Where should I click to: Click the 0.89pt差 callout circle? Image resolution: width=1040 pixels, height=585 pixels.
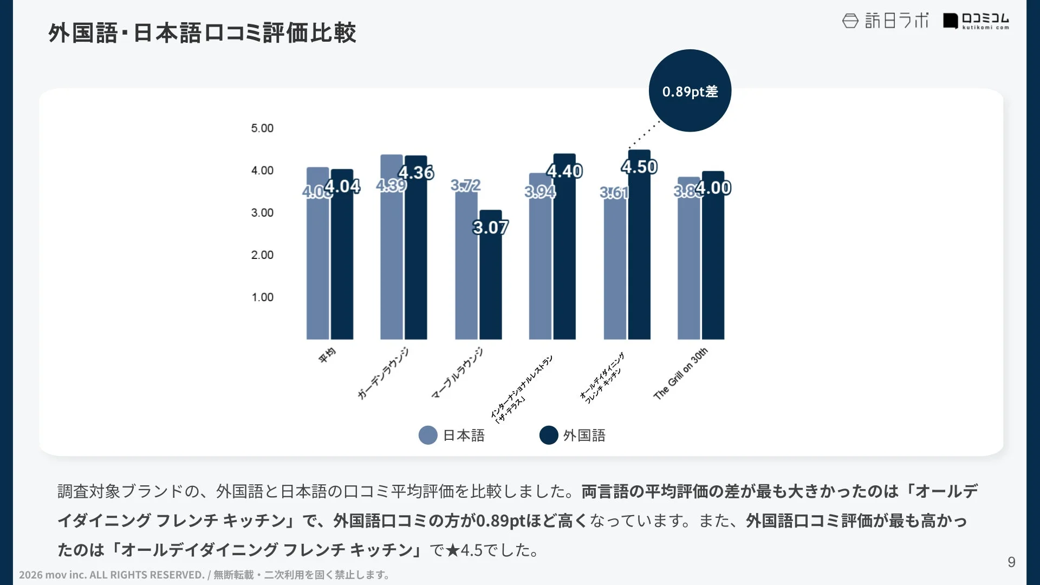tap(690, 90)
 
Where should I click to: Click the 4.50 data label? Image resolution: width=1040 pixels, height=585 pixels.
tap(639, 167)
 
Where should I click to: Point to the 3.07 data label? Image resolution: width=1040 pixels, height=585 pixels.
tap(490, 227)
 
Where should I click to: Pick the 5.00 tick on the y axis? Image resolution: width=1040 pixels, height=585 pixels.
tap(262, 128)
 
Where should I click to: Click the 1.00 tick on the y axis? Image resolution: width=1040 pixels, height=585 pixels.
tap(262, 297)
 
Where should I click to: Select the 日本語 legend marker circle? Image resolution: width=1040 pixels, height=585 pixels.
tap(428, 435)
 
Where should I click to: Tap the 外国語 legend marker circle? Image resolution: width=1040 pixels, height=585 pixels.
tap(549, 435)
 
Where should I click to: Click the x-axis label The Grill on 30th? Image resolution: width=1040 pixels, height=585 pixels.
tap(680, 374)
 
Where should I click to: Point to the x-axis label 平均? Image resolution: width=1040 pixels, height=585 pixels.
tap(327, 356)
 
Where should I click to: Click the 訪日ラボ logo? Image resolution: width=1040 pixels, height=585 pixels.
tap(885, 21)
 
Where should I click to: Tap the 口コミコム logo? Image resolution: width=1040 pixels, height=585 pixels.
tap(976, 21)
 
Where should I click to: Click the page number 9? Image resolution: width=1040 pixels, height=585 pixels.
tap(1011, 562)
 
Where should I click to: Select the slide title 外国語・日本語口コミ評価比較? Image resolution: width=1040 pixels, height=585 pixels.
tap(202, 32)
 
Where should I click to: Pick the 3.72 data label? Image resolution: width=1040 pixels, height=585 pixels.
tap(465, 185)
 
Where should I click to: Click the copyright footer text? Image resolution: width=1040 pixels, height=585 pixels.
tap(204, 575)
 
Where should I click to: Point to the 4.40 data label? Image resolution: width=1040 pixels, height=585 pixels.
tap(564, 171)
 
